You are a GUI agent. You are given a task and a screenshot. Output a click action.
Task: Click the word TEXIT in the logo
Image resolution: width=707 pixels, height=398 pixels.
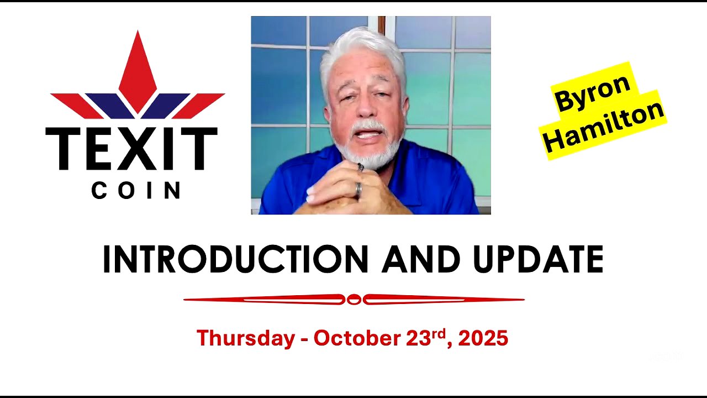[131, 149]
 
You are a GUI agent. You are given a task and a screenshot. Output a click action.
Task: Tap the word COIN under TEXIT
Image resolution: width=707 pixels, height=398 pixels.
[136, 191]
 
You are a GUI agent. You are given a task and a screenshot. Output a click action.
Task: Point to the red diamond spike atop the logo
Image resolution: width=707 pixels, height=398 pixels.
[138, 72]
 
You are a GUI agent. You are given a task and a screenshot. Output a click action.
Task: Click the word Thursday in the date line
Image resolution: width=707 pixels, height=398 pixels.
[245, 338]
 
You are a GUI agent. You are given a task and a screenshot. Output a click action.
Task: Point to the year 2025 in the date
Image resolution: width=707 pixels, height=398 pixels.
[483, 338]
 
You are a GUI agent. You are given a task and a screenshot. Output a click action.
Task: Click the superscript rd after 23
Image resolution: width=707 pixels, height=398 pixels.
[438, 333]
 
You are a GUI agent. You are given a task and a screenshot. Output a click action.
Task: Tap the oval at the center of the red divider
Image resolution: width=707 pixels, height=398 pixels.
[353, 300]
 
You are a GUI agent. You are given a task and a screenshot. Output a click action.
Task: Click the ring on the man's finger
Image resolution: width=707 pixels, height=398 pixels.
[358, 190]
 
